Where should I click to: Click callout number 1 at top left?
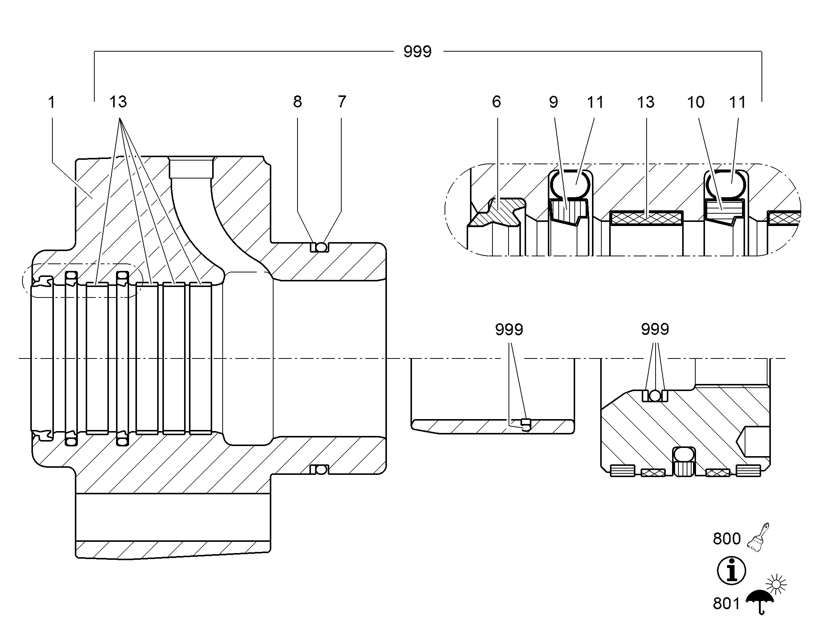coord(52,102)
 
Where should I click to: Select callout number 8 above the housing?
coord(297,102)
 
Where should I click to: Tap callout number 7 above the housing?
coord(342,102)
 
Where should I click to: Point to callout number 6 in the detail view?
coord(497,102)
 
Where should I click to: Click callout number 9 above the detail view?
coord(553,102)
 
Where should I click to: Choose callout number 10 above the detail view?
coord(696,102)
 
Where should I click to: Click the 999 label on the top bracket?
coord(418,51)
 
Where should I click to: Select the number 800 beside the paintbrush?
coord(727,538)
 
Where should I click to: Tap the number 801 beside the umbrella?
coord(726,604)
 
